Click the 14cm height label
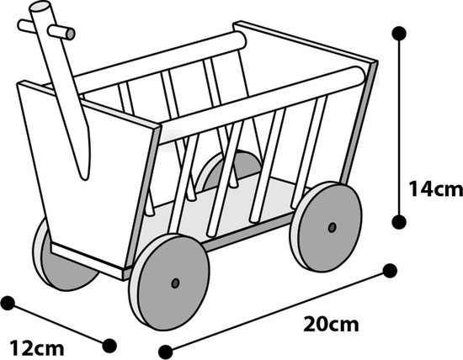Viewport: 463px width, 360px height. (x=435, y=189)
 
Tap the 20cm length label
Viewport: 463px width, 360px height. (x=331, y=324)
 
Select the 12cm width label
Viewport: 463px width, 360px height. (x=37, y=348)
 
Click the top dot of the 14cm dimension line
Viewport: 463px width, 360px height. (x=399, y=33)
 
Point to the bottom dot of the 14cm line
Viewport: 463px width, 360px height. (x=399, y=221)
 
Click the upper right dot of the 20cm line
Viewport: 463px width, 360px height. (x=390, y=271)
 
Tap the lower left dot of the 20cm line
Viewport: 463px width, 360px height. (x=165, y=352)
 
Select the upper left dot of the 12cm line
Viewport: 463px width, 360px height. (x=8, y=303)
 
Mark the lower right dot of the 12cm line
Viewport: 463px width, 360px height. (x=109, y=346)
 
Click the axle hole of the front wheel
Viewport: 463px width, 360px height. (x=175, y=283)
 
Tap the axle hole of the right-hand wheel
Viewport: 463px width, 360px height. (x=333, y=227)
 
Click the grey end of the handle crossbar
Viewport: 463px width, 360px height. (x=70, y=34)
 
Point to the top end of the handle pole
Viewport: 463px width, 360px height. (x=40, y=7)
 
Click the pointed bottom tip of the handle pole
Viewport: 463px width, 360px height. (x=85, y=178)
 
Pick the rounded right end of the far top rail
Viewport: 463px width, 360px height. (x=240, y=41)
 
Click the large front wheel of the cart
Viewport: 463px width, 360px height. (x=169, y=282)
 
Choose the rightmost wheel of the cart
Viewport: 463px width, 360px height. (x=326, y=226)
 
